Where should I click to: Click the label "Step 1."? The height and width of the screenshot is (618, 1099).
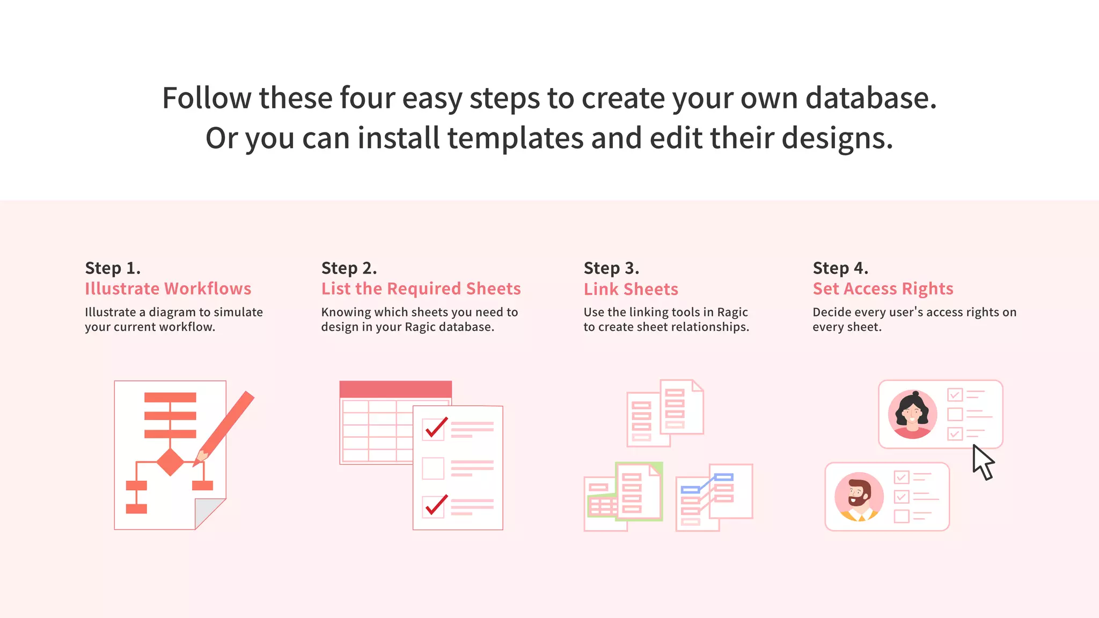(113, 268)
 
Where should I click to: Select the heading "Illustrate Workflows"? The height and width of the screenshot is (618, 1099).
(168, 289)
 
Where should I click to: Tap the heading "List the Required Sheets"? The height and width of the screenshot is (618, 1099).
(421, 289)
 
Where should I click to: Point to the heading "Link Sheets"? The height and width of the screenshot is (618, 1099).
(631, 289)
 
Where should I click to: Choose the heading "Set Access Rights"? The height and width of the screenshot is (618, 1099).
(883, 289)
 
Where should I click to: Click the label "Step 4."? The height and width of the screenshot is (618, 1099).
(840, 268)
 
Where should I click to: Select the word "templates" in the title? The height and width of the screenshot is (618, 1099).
(515, 138)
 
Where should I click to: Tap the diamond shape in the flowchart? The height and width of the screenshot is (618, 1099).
(171, 462)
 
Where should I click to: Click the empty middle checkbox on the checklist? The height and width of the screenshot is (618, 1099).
(433, 468)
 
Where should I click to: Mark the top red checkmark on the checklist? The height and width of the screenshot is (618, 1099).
(435, 428)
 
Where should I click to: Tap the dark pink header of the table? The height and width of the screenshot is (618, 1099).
(395, 389)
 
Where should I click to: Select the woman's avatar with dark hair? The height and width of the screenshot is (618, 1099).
(912, 414)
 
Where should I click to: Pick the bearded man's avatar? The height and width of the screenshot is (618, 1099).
(859, 497)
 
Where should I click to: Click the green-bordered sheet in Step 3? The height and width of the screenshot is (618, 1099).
(639, 491)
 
